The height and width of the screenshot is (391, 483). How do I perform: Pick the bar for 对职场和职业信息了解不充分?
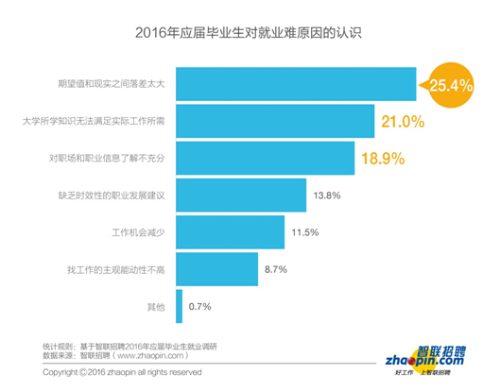265,158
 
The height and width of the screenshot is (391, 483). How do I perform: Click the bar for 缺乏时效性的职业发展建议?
241,195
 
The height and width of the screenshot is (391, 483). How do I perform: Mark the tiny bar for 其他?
179,306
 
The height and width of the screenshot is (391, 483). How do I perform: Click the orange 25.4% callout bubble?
451,85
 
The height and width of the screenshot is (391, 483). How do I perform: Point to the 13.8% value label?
326,195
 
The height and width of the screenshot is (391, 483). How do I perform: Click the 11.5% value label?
304,232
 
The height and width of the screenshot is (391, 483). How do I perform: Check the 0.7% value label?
199,306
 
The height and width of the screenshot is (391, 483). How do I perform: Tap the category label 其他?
157,306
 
